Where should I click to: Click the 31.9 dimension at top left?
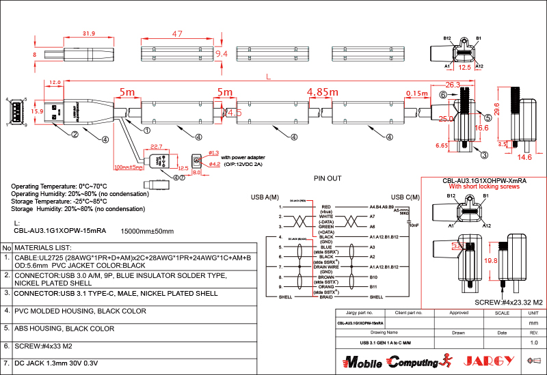coord(88,33)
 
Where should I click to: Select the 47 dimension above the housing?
coord(177,34)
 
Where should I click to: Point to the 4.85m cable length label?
coord(323,92)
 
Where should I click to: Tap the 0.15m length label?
coord(416,93)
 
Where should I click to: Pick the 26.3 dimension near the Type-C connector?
coord(452,85)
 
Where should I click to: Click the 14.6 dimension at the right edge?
coord(524,157)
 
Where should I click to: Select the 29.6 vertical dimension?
coord(498,109)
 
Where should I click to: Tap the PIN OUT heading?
coord(327,179)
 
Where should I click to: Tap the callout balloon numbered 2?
coord(73,134)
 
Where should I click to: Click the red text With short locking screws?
coord(483,186)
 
